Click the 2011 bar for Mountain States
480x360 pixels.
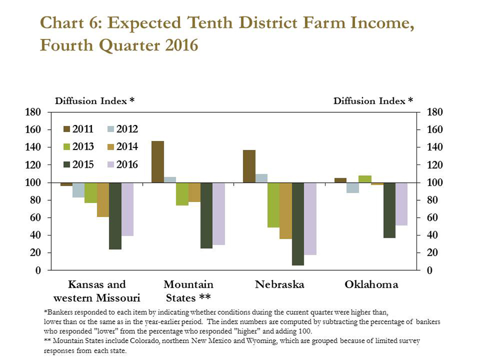158,162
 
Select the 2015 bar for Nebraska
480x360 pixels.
298,224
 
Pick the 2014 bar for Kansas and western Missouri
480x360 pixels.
103,200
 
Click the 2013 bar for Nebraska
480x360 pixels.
273,205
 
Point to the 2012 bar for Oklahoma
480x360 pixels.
353,187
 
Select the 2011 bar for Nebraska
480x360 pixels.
249,167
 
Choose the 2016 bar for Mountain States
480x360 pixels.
219,214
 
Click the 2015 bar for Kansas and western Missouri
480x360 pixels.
115,216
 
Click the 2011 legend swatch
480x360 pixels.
66,129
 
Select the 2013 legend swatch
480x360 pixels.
66,147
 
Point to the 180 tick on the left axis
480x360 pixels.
33,112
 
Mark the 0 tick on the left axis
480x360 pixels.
37,270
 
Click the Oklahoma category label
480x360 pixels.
371,285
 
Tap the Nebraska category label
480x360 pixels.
280,285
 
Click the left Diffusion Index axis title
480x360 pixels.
95,101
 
